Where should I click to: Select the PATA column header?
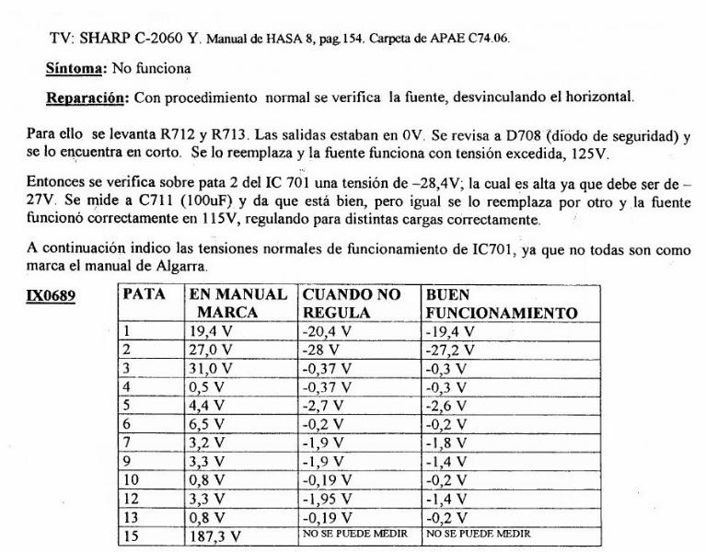click(x=145, y=297)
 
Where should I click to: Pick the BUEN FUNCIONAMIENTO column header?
click(x=501, y=305)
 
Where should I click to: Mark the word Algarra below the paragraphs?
click(x=209, y=267)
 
